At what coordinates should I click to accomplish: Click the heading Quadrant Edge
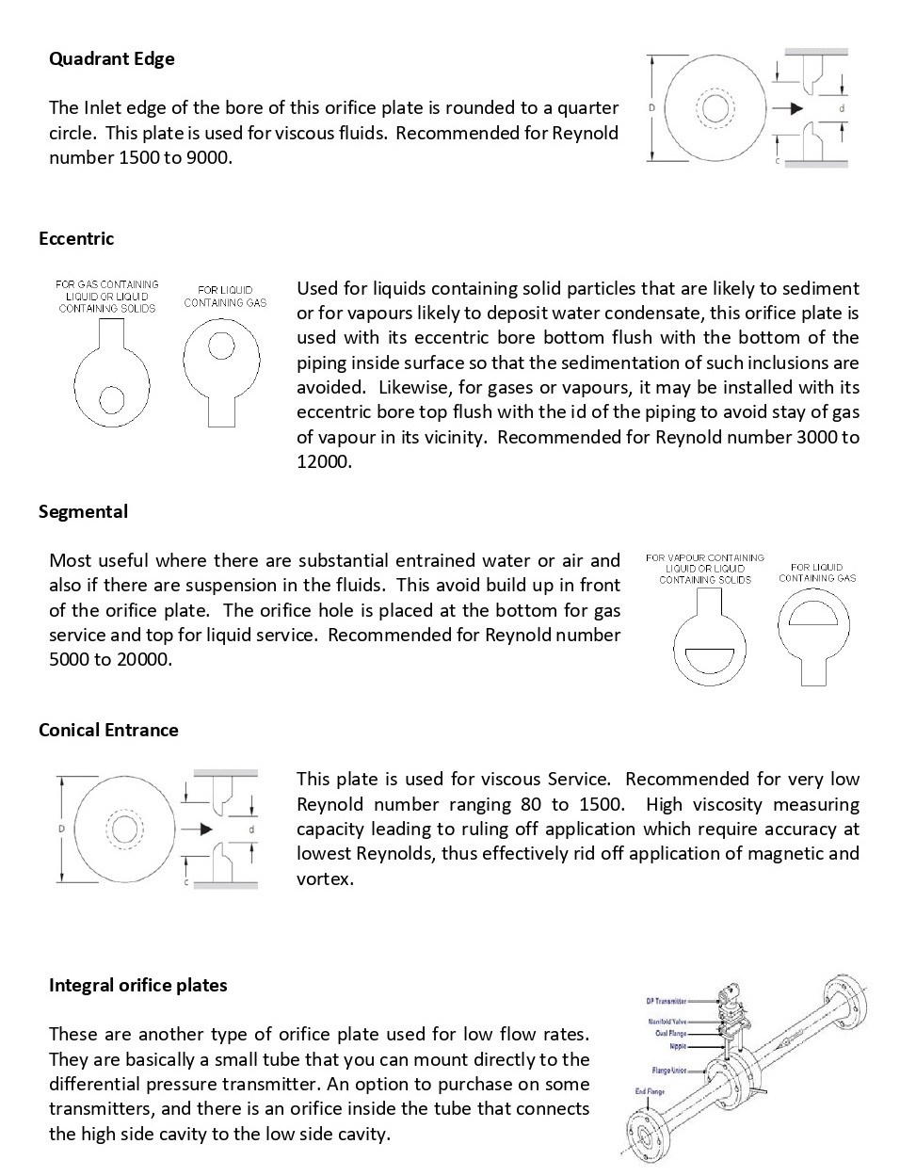(x=111, y=58)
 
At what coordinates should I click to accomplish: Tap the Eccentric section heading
(x=76, y=238)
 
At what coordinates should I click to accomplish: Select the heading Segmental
(x=83, y=511)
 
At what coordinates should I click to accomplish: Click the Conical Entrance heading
(x=108, y=730)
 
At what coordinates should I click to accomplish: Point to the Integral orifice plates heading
(x=138, y=985)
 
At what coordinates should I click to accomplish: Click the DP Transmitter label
(x=666, y=1001)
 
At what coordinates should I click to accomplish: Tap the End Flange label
(x=649, y=1091)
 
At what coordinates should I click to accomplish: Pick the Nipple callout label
(x=678, y=1046)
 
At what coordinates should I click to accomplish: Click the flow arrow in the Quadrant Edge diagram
(x=784, y=108)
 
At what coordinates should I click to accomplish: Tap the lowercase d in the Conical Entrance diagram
(x=251, y=830)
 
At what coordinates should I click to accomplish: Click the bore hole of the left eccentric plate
(x=112, y=399)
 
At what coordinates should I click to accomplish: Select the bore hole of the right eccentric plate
(x=221, y=346)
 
